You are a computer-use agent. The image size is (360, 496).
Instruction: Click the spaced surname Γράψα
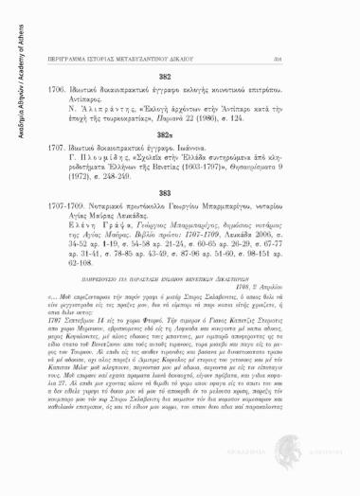click(x=149, y=273)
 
